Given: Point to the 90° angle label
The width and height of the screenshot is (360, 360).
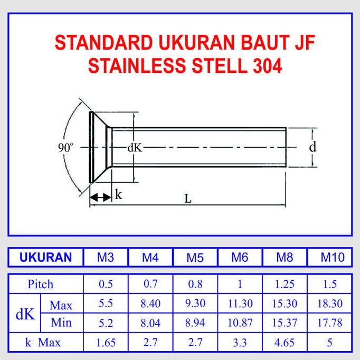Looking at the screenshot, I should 66,148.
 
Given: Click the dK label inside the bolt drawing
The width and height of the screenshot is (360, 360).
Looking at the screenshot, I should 135,148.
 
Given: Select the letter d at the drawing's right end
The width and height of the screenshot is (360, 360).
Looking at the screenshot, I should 312,147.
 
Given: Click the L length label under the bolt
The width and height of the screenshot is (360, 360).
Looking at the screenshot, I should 188,199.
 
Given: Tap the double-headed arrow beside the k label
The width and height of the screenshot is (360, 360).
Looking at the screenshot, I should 100,197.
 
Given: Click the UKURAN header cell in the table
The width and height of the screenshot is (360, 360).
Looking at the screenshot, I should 45,258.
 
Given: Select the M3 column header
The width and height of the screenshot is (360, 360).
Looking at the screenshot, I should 106,258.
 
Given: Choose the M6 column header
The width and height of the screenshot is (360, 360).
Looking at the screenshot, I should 240,258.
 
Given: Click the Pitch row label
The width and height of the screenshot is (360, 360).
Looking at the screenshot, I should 40,285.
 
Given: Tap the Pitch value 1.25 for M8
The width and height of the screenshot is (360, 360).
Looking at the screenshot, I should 285,285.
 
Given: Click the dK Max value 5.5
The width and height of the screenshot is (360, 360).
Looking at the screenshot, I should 106,304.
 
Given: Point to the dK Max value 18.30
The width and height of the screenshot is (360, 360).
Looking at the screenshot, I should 330,304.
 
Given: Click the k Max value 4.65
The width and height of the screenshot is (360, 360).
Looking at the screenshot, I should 285,343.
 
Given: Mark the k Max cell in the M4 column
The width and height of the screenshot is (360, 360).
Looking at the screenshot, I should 150,343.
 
